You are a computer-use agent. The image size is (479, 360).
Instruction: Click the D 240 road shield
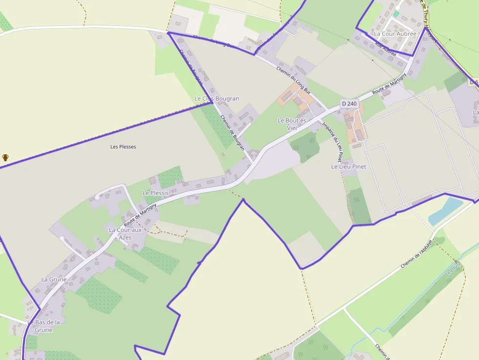[x=349, y=104]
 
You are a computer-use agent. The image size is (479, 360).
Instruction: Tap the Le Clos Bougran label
[x=217, y=99]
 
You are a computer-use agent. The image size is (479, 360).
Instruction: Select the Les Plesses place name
[x=123, y=147]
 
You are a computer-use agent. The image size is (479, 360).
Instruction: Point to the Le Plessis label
[x=155, y=193]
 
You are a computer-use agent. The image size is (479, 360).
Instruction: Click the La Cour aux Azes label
[x=125, y=233]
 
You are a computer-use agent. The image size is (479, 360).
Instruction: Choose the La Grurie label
[x=54, y=279]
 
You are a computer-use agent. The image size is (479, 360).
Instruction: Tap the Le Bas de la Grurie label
[x=44, y=326]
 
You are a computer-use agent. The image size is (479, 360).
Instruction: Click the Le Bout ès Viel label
[x=292, y=124]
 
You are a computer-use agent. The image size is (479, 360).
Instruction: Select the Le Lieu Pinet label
[x=348, y=167]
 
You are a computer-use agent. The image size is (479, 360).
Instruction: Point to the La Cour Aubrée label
[x=395, y=34]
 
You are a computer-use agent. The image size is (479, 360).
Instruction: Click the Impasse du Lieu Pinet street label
[x=332, y=142]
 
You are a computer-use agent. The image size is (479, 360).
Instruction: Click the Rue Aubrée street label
[x=385, y=48]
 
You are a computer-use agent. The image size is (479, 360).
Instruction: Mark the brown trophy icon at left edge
[x=5, y=157]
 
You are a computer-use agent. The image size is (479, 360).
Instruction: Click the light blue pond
[x=445, y=211]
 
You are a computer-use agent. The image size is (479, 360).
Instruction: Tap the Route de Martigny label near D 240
[x=389, y=84]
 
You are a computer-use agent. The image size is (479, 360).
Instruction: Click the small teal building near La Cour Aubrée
[x=396, y=14]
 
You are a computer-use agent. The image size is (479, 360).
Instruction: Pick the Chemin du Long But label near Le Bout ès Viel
[x=293, y=80]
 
